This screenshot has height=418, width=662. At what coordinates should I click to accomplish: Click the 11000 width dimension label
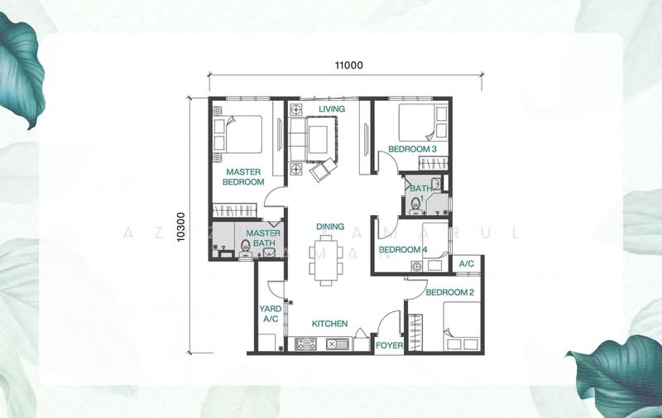pos(348,65)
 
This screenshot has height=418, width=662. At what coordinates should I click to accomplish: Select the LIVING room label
pos(332,108)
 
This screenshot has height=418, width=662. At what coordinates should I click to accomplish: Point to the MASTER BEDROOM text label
pos(242,177)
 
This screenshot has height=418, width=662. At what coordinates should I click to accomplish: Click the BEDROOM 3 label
pos(413,149)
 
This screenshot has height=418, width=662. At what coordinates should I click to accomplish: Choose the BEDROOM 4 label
pos(402,250)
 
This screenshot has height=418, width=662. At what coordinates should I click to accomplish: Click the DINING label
pos(330,227)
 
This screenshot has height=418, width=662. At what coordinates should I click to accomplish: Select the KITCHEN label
pos(329,324)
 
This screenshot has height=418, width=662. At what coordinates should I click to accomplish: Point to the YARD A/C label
pos(271,314)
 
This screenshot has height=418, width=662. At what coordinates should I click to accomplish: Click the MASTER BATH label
pos(263,238)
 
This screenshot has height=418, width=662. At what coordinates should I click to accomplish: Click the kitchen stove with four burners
pos(307,344)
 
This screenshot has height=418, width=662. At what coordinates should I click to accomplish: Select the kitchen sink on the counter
pos(337,344)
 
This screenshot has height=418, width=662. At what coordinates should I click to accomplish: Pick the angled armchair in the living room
pos(324,170)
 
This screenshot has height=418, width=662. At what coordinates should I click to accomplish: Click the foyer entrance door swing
pos(386,321)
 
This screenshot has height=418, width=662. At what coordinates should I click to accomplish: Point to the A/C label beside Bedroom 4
pos(466,264)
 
